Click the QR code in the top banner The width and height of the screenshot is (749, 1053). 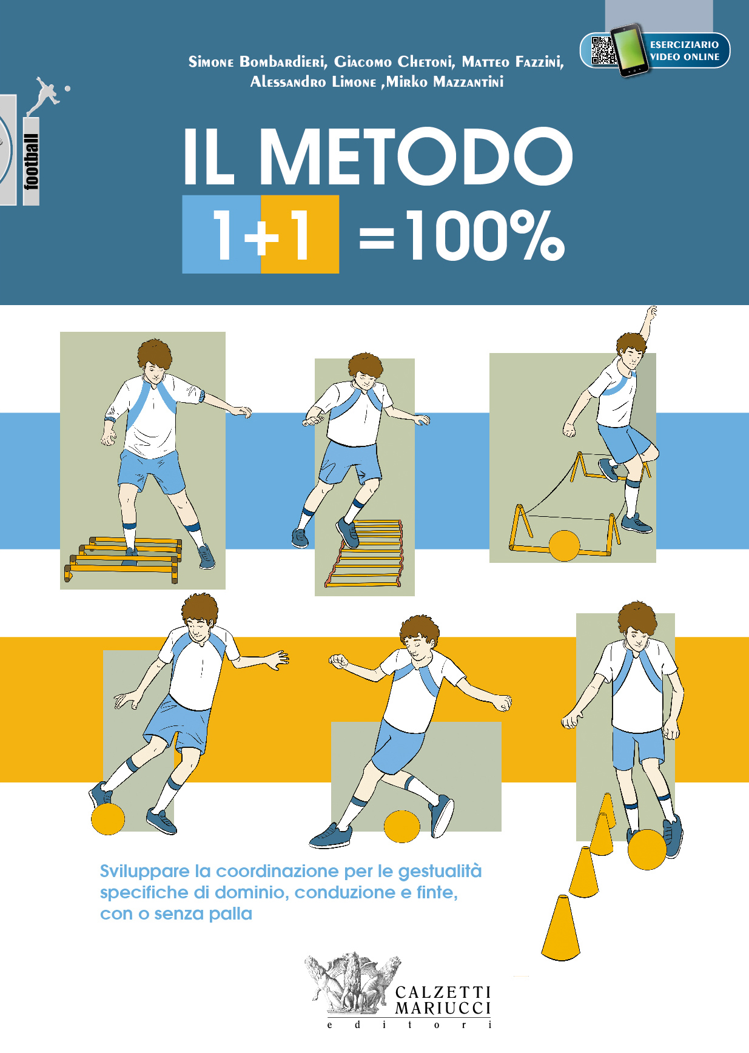(603, 50)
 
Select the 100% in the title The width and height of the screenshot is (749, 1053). (486, 235)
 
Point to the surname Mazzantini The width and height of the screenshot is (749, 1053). (468, 82)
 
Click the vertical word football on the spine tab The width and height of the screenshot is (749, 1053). (32, 161)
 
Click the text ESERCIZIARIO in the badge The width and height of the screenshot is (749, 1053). (684, 44)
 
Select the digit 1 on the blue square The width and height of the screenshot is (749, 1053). (223, 234)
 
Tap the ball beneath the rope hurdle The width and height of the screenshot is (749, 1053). (564, 546)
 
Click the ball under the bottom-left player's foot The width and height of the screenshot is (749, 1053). (108, 818)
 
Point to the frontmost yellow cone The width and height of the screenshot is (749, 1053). (560, 929)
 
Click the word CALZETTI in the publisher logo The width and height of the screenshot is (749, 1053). (443, 992)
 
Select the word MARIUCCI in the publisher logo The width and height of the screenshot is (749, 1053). (443, 1008)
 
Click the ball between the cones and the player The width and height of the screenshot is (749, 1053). (647, 849)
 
